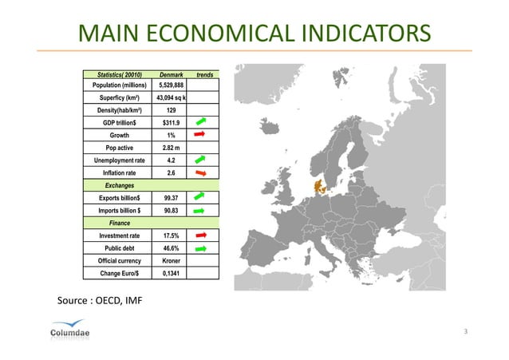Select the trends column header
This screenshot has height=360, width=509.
[x=203, y=73]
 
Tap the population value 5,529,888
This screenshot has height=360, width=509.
[x=170, y=85]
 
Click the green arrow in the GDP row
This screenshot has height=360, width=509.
[x=201, y=121]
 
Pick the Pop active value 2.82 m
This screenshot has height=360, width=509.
[x=170, y=148]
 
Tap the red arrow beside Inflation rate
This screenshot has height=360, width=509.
[x=201, y=172]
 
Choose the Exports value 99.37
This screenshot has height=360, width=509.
[x=170, y=197]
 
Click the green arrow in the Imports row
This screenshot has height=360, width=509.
[x=201, y=210]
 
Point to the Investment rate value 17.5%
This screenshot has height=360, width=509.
[x=170, y=235]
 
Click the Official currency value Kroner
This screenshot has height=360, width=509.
[x=170, y=260]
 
